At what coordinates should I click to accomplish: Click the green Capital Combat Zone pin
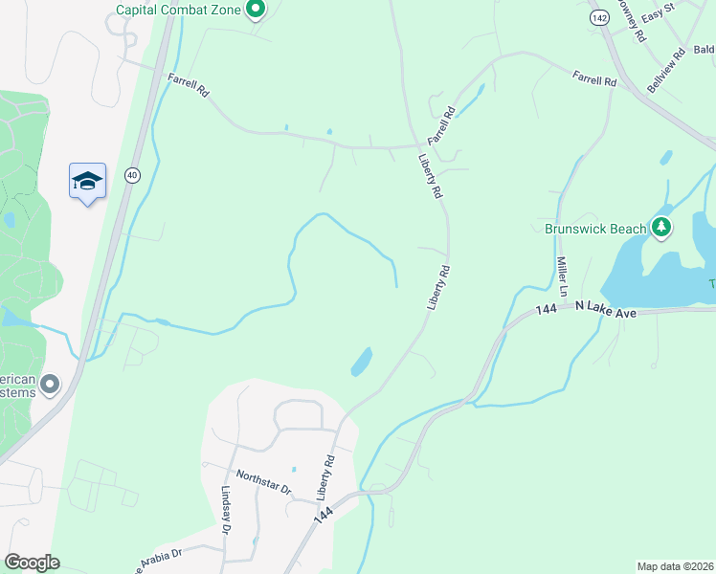point(255,10)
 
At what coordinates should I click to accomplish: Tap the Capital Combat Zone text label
point(179,11)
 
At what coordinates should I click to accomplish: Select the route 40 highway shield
point(132,174)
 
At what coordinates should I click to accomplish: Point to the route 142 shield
point(599,17)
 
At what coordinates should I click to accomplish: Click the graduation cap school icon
point(87,181)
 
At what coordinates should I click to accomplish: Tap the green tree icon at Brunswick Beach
point(660,227)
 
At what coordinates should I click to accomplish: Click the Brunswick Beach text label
point(594,229)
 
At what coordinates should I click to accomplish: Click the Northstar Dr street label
point(263,481)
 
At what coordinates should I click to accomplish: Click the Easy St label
point(659,17)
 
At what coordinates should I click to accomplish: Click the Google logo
point(32,563)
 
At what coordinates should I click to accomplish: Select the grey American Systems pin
point(51,385)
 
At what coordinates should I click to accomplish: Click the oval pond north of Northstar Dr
point(362,362)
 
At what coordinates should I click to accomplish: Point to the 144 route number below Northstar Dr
point(324,515)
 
